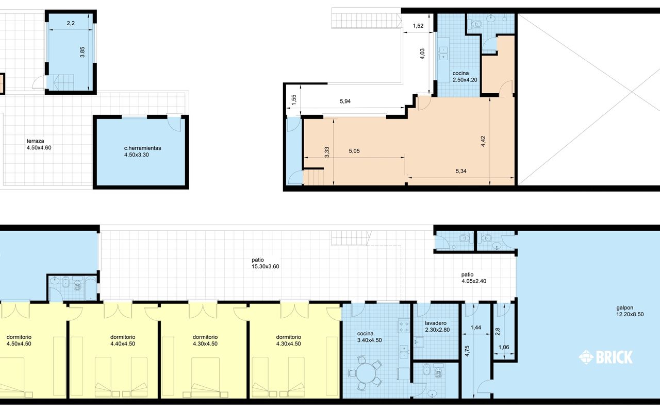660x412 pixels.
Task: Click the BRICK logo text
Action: (x=614, y=357)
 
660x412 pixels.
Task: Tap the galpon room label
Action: (x=630, y=311)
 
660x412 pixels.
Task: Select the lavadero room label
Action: (x=437, y=327)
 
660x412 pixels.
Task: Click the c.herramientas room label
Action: (x=143, y=151)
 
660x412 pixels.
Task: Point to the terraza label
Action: (x=39, y=144)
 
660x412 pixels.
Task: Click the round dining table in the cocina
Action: (x=366, y=373)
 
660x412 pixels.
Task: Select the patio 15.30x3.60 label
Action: (x=265, y=263)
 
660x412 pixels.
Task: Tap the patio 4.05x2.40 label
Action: (x=474, y=278)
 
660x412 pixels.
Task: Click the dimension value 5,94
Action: (x=345, y=101)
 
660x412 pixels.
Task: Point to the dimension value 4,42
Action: (x=483, y=141)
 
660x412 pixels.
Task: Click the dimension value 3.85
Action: (x=82, y=52)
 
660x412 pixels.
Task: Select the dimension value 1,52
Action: (x=418, y=26)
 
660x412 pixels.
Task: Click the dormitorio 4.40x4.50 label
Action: (x=123, y=340)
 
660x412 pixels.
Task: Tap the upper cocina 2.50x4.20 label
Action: (x=465, y=77)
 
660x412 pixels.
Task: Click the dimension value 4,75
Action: (x=467, y=351)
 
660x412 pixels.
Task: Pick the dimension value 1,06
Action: (x=504, y=347)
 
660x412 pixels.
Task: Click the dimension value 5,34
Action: (x=461, y=171)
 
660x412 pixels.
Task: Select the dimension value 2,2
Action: (x=71, y=23)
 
